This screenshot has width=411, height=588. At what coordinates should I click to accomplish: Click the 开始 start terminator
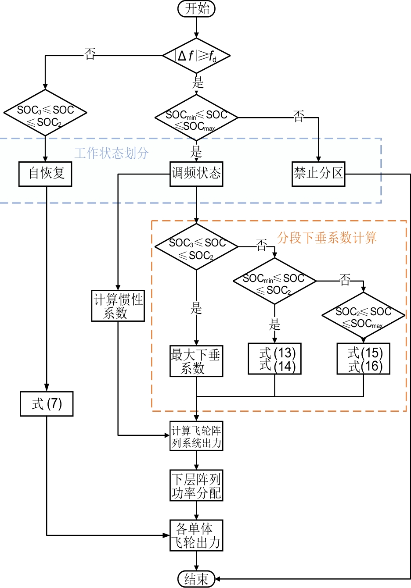pyautogui.click(x=196, y=8)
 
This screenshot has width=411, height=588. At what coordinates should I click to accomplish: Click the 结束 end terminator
pyautogui.click(x=196, y=579)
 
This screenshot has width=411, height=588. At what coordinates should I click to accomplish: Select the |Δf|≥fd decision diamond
pyautogui.click(x=196, y=56)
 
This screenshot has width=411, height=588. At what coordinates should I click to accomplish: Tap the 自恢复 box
pyautogui.click(x=45, y=174)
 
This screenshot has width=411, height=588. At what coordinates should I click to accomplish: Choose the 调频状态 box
pyautogui.click(x=196, y=174)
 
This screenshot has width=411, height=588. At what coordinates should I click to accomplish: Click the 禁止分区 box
pyautogui.click(x=318, y=174)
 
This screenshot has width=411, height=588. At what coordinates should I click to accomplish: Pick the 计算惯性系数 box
pyautogui.click(x=118, y=306)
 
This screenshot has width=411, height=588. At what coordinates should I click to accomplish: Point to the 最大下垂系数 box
pyautogui.click(x=196, y=361)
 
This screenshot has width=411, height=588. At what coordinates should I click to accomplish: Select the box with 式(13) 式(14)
pyautogui.click(x=274, y=359)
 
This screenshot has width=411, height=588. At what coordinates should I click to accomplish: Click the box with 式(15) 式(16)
pyautogui.click(x=363, y=359)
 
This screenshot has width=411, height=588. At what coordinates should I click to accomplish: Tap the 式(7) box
pyautogui.click(x=47, y=404)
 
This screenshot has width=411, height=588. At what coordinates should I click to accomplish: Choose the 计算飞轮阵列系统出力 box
pyautogui.click(x=196, y=436)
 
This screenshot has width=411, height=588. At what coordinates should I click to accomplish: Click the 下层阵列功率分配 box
pyautogui.click(x=196, y=485)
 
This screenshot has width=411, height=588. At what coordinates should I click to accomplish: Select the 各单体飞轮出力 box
pyautogui.click(x=196, y=535)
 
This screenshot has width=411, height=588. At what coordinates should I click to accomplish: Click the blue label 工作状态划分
pyautogui.click(x=111, y=153)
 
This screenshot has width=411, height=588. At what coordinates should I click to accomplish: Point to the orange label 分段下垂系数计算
pyautogui.click(x=327, y=238)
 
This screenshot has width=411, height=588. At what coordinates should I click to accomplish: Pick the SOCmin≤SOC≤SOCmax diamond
pyautogui.click(x=196, y=118)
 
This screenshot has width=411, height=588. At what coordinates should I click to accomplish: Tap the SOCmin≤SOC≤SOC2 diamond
pyautogui.click(x=274, y=281)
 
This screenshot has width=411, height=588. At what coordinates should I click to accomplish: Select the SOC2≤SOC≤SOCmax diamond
pyautogui.click(x=363, y=315)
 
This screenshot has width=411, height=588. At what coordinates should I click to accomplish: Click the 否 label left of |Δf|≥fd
pyautogui.click(x=90, y=54)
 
